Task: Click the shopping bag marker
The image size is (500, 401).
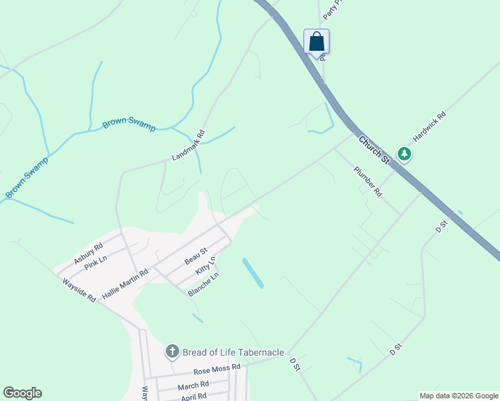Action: (316, 42)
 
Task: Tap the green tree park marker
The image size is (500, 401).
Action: (404, 154)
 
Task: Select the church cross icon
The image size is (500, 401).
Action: (172, 352)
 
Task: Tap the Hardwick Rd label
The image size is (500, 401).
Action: (428, 126)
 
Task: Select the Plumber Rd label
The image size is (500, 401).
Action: (368, 181)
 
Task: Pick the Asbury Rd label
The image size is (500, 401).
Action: (88, 253)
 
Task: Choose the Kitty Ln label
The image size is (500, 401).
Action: (206, 266)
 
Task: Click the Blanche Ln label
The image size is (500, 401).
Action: (203, 284)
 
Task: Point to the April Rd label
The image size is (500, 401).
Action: (195, 397)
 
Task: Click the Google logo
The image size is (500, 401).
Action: (22, 393)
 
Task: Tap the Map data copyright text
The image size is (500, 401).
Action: (458, 396)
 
